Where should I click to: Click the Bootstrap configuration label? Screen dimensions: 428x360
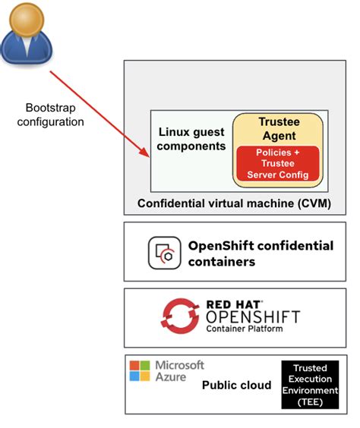[x=50, y=115]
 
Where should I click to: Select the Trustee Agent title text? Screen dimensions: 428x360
[x=277, y=129]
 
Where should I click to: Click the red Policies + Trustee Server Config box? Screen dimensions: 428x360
[x=277, y=165]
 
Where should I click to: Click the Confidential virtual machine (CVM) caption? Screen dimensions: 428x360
[x=234, y=203]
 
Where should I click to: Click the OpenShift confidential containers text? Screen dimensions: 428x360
[x=260, y=253]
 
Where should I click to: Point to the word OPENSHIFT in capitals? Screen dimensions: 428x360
[x=253, y=316]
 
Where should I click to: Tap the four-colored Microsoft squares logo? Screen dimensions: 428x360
[x=140, y=370]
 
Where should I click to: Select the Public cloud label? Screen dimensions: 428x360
[x=236, y=386]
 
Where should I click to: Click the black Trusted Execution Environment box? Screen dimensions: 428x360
[x=309, y=384]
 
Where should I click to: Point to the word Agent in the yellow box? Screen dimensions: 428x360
[x=277, y=137]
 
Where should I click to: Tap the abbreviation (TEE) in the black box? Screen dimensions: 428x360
[x=309, y=401]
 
